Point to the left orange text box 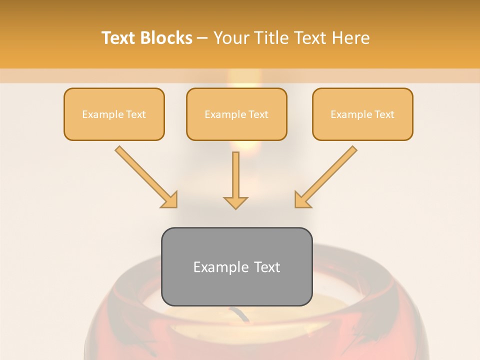114,114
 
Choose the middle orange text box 236,114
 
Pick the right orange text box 362,114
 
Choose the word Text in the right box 384,114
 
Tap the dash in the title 203,38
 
